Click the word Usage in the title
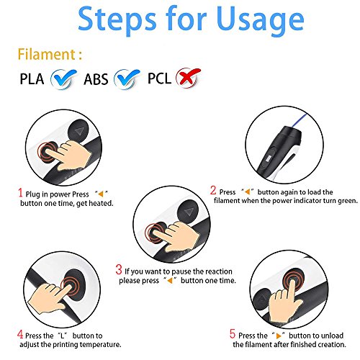pos(260,20)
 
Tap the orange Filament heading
pos(50,54)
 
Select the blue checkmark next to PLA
pos(64,78)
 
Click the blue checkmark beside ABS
pos(127,78)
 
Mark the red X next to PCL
pos(188,77)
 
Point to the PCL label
pos(159,78)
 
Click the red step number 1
pos(20,192)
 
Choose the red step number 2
pos(213,190)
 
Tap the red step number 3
pos(119,269)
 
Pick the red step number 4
pos(20,334)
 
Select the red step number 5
pos(233,333)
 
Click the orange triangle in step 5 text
pos(279,336)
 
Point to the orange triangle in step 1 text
pos(101,194)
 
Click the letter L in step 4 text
pos(63,336)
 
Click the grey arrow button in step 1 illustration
pos(78,131)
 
